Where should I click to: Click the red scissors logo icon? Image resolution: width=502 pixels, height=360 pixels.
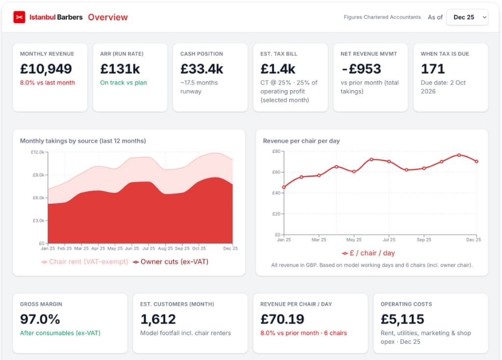pos(19,17)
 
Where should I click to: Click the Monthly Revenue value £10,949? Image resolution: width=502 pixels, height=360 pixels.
pos(46,69)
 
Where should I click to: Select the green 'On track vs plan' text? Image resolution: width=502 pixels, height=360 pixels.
pos(124,83)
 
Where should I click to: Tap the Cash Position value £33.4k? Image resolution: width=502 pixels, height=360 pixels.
pos(201,69)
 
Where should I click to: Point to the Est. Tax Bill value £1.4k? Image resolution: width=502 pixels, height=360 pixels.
pos(277,69)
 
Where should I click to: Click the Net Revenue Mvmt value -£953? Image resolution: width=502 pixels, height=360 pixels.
pos(361,69)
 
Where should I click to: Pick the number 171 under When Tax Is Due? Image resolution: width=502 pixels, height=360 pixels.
pos(432,69)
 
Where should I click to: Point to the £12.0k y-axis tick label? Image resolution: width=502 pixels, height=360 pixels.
pos(38,153)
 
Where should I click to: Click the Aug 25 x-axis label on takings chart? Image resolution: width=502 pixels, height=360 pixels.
pos(165,248)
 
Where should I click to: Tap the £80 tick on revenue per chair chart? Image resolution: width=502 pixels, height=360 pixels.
pos(276,151)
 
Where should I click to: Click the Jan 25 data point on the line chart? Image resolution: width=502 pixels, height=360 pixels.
pos(284,187)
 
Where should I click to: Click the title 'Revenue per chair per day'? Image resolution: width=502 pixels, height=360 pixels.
pos(301,141)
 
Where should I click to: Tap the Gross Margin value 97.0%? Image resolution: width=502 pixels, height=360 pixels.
pos(40,319)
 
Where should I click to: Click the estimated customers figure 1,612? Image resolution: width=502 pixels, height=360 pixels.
pos(158,319)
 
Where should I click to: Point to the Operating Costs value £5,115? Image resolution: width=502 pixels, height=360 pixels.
pos(402,319)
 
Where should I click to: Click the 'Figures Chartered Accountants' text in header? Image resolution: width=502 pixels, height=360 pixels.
pos(382,17)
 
